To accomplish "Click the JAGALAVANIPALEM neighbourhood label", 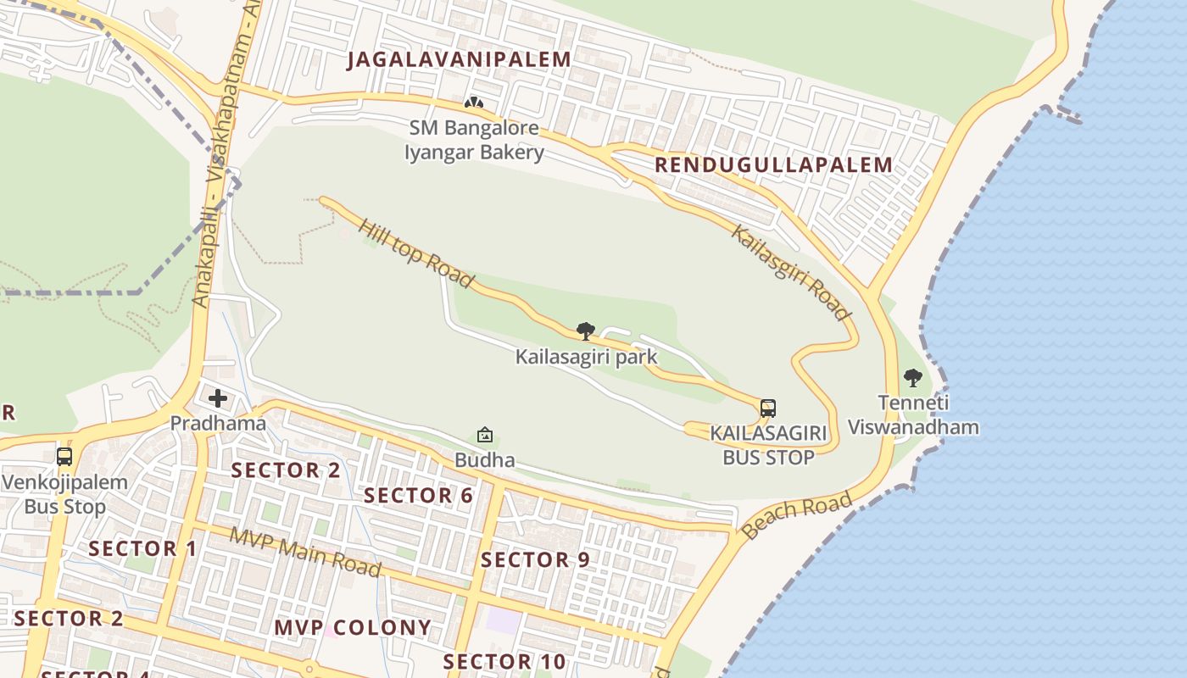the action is tap(459, 59).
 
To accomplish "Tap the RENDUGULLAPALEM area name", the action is tap(773, 164).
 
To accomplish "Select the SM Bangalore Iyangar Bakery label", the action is tap(474, 141).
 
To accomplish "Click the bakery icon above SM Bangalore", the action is tap(473, 103).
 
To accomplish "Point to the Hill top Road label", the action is tap(415, 253).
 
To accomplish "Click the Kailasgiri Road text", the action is tap(790, 273).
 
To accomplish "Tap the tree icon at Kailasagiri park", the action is tap(585, 331).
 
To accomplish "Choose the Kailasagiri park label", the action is tap(586, 357).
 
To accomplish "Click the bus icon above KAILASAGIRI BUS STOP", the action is tap(768, 408).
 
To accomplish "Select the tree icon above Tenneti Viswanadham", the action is tap(913, 378).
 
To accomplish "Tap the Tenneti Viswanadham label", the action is tap(913, 415).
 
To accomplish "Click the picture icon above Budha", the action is tap(485, 436).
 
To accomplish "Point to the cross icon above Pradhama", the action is tap(218, 398).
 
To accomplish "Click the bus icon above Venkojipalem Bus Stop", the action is tap(64, 457).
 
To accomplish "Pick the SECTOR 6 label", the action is tap(418, 496).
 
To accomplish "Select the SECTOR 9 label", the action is tap(535, 560).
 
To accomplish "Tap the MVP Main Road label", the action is tap(305, 552).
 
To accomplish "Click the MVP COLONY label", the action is tap(353, 628).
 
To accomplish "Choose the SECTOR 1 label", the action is tap(142, 549).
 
